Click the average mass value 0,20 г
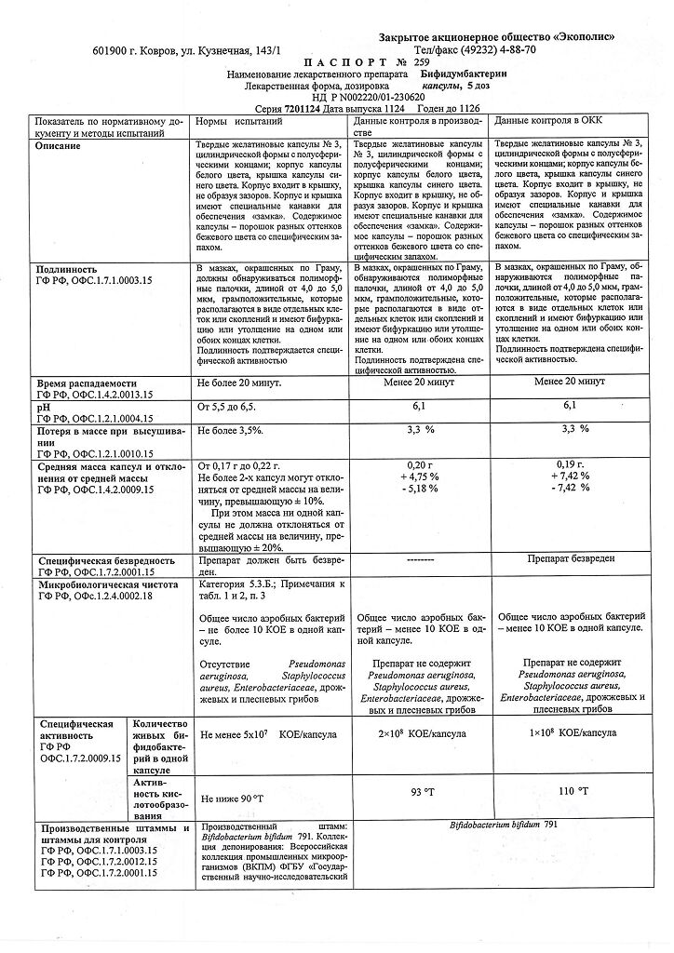click(x=422, y=464)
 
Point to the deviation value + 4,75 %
click(x=421, y=476)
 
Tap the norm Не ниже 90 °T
click(x=232, y=799)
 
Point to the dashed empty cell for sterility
click(x=421, y=562)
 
